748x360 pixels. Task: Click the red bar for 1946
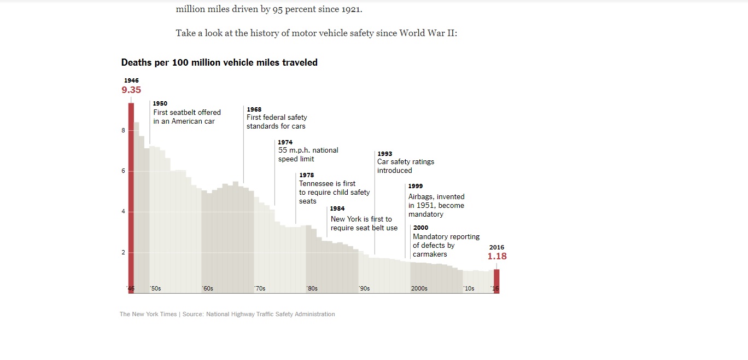pos(131,197)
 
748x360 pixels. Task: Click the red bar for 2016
pos(496,281)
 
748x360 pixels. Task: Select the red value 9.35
pos(131,90)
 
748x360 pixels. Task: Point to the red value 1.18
pos(497,256)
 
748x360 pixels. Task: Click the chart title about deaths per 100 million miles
pos(219,62)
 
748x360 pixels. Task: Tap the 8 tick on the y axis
pos(123,131)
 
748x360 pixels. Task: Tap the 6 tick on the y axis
pos(123,171)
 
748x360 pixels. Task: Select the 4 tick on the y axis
pos(123,212)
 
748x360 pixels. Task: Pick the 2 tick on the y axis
pos(123,253)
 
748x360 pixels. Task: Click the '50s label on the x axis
pos(155,288)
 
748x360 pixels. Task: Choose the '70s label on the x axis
pos(260,288)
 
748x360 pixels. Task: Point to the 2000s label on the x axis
pos(419,288)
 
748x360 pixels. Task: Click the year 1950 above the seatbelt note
pos(160,103)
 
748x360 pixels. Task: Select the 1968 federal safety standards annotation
pos(277,118)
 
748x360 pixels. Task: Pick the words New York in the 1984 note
pos(346,219)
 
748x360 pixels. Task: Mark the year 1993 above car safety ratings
pos(384,154)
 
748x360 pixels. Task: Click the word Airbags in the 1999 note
pos(421,197)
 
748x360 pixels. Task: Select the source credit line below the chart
pos(227,314)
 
